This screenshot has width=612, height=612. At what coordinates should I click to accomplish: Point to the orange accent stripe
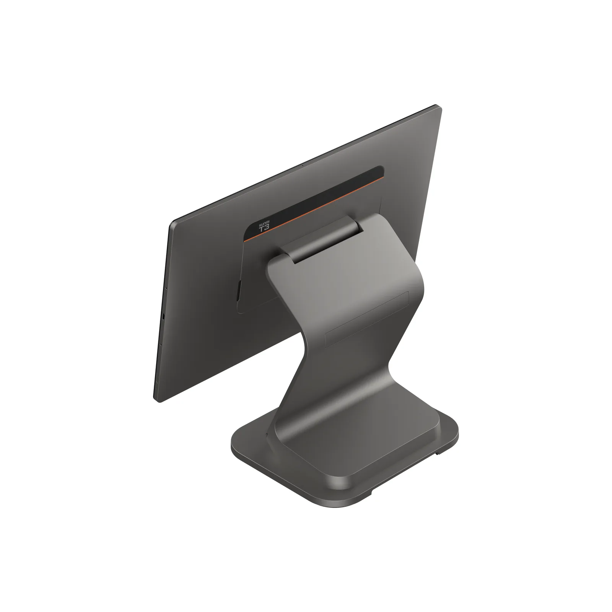314,208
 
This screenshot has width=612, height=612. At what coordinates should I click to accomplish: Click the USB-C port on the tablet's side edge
163,317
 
